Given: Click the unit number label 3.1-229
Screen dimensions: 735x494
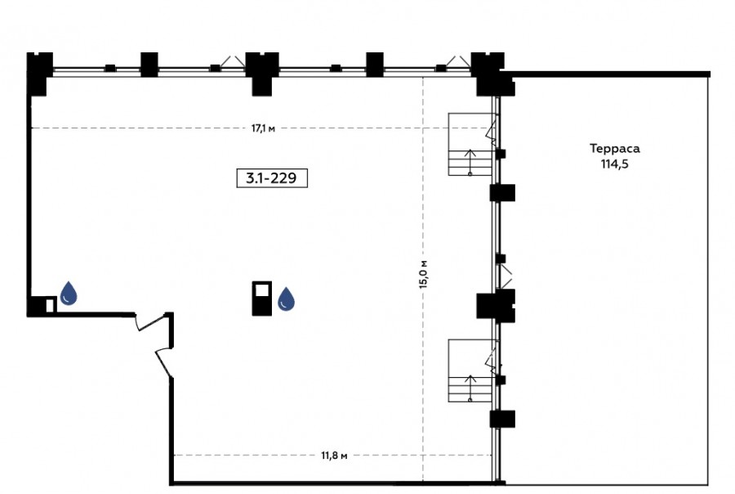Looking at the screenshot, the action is [x=272, y=178].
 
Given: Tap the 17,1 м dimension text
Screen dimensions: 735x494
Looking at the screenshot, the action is [x=263, y=128].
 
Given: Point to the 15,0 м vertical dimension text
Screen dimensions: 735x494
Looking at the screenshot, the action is [x=423, y=274].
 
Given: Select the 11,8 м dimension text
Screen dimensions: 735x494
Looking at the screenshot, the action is [x=334, y=456].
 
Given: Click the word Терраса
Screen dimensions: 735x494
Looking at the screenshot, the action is [x=614, y=149].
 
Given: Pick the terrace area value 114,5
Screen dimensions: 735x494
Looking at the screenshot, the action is [x=614, y=164].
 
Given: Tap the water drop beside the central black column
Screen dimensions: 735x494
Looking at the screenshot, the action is [x=287, y=299].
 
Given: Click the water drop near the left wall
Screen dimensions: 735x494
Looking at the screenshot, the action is [x=69, y=293].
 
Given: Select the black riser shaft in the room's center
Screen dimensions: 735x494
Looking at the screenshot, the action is [x=262, y=299].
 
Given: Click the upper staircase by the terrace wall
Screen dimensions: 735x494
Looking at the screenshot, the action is [x=470, y=144].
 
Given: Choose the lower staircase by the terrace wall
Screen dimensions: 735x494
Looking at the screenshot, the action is [x=470, y=370].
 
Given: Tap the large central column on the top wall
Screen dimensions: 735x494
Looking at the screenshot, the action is [x=262, y=74].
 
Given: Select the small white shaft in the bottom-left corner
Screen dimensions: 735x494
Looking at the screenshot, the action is [x=50, y=306].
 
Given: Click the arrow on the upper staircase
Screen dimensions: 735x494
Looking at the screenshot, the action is [x=470, y=162].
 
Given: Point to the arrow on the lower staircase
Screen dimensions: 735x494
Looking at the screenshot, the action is [x=470, y=388].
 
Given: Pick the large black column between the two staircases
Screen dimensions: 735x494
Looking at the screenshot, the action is [x=496, y=306].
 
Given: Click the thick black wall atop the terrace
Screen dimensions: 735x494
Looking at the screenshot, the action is [x=607, y=74].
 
